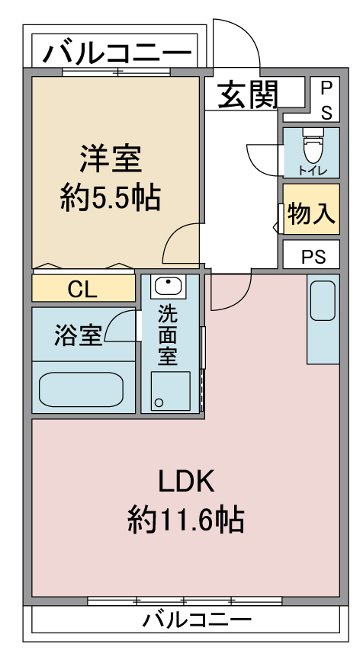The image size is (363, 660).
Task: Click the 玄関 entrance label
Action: coord(248,95)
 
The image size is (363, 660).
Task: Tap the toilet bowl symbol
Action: coord(312,146)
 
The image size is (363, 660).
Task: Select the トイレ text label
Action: coord(312,171)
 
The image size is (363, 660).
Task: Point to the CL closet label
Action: coord(83,289)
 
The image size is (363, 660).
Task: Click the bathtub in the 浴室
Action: coord(82,389)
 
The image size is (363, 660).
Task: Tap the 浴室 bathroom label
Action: coord(78,335)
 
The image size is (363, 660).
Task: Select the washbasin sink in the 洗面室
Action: coord(168,286)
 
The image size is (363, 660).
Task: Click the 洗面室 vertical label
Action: coord(168,335)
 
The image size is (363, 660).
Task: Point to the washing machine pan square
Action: coord(171,391)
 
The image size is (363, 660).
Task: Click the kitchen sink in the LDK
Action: coord(323,300)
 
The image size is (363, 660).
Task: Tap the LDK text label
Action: coord(187,482)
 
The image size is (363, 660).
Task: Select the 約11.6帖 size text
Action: coord(186,520)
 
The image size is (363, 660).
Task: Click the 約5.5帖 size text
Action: coord(111,198)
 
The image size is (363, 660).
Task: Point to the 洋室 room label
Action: coord(111,159)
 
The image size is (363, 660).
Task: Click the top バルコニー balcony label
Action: coord(117,52)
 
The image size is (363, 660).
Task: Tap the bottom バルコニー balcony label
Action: coord(197,620)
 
